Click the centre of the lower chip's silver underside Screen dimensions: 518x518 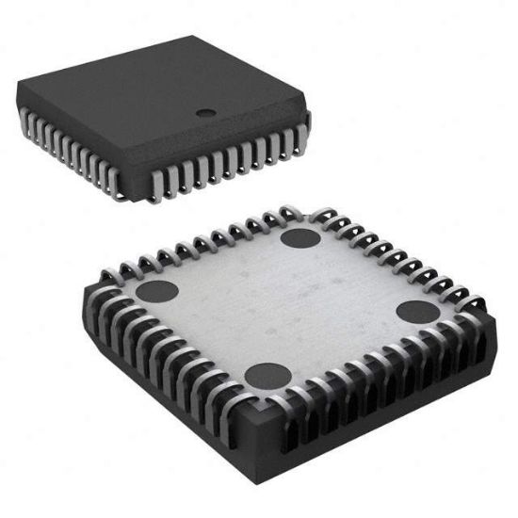point(283,306)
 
